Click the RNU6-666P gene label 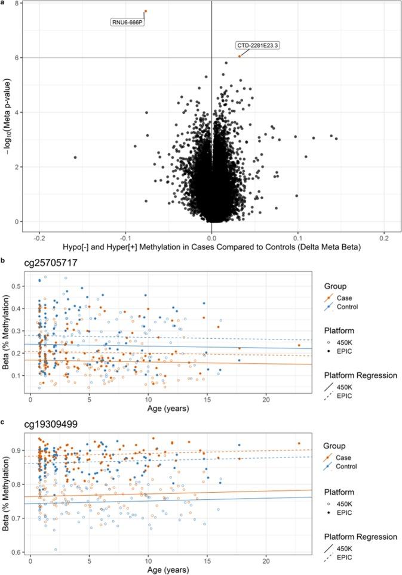tap(127, 23)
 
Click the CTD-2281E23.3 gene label tap(258, 45)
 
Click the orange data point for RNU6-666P tap(145, 11)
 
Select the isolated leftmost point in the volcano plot tap(75, 157)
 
